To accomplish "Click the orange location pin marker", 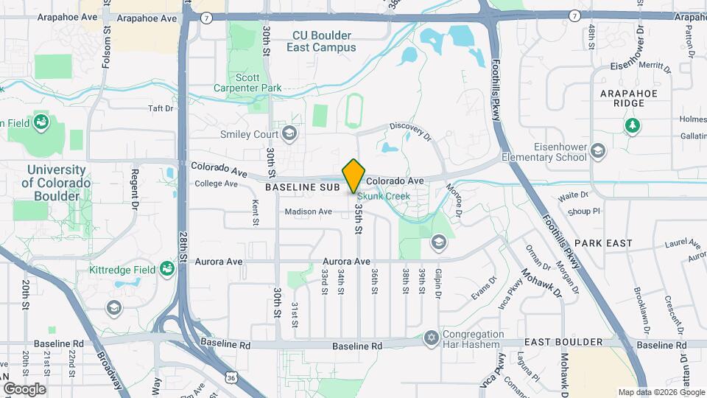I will tap(354, 175).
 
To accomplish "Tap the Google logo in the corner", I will tap(24, 389).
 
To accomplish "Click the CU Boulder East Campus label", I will tap(324, 41).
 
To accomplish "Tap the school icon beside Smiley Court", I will tap(289, 133).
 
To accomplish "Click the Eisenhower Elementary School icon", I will tap(597, 151).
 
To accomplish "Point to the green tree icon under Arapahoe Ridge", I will tap(631, 127).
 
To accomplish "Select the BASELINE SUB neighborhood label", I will tap(302, 188).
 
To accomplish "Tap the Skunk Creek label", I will tap(384, 197).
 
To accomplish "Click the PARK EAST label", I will tap(604, 242).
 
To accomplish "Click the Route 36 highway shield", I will tap(233, 377).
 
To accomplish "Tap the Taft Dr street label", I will tap(160, 108).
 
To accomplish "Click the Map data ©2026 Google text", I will tap(661, 392).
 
